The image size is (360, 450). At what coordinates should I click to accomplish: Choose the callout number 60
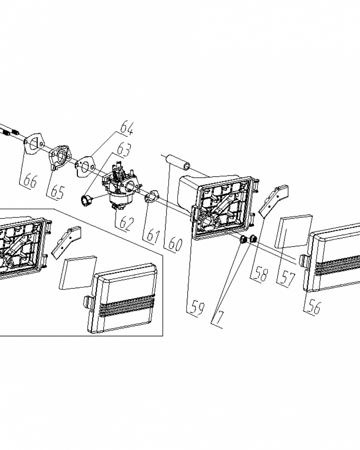pyautogui.click(x=175, y=244)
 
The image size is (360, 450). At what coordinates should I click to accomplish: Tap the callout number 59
pyautogui.click(x=198, y=308)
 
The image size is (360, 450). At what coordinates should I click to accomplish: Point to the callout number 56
pyautogui.click(x=314, y=307)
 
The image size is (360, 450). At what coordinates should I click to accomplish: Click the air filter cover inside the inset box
pyautogui.click(x=123, y=298)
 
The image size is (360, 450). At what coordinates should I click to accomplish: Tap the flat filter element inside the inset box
pyautogui.click(x=77, y=273)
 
